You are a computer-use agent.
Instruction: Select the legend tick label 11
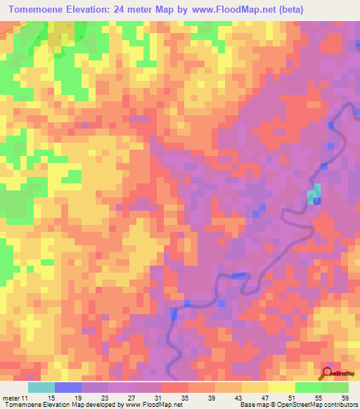(27, 398)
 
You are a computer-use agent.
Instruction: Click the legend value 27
(147, 398)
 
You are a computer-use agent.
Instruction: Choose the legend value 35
(200, 398)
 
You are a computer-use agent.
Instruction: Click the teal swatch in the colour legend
(41, 387)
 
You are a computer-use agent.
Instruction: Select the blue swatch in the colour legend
(68, 387)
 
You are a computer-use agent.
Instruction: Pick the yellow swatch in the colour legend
(282, 387)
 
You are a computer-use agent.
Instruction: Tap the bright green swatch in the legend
(309, 387)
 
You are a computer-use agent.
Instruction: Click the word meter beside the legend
(11, 398)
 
